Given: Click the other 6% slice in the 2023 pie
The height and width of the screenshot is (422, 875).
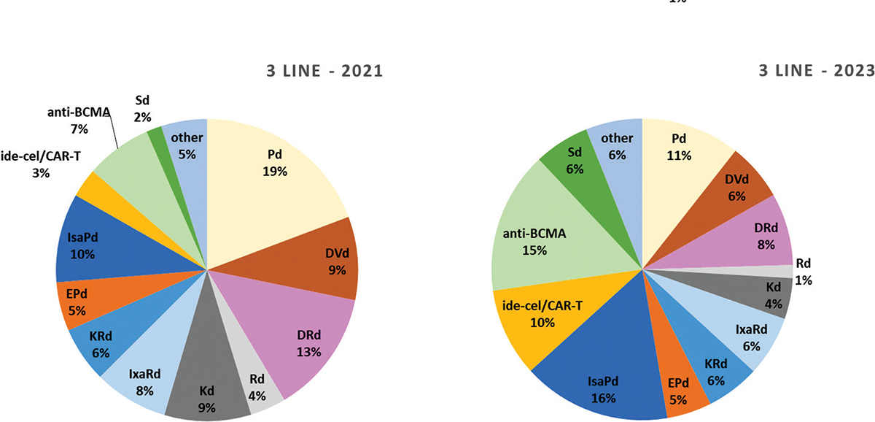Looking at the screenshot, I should [617, 146].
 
